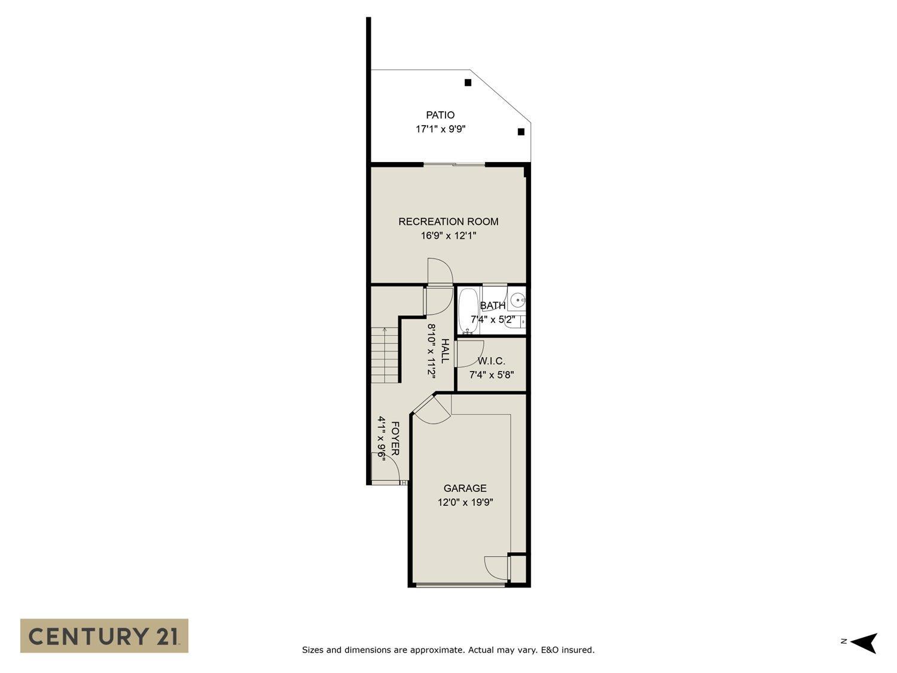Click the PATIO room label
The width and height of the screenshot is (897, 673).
click(x=440, y=115)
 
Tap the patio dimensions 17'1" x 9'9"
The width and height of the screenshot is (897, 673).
click(x=440, y=129)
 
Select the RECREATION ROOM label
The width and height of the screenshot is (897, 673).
click(x=448, y=221)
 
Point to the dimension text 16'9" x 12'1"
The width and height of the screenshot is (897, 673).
click(x=448, y=236)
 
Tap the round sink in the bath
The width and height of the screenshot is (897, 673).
click(x=518, y=300)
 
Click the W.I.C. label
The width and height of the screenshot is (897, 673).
click(x=492, y=361)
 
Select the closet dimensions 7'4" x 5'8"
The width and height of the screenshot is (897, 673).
click(x=492, y=375)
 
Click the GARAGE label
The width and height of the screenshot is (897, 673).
click(x=465, y=488)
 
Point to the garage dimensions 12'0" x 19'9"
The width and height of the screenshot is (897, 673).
click(x=465, y=503)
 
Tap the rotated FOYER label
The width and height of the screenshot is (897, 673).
click(x=395, y=438)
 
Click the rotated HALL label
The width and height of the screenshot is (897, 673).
click(x=445, y=351)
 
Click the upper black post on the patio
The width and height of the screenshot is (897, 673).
click(x=468, y=83)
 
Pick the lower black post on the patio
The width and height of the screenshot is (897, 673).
click(x=521, y=132)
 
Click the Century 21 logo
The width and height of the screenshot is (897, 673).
click(x=104, y=635)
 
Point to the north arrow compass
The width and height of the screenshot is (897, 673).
click(x=864, y=642)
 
